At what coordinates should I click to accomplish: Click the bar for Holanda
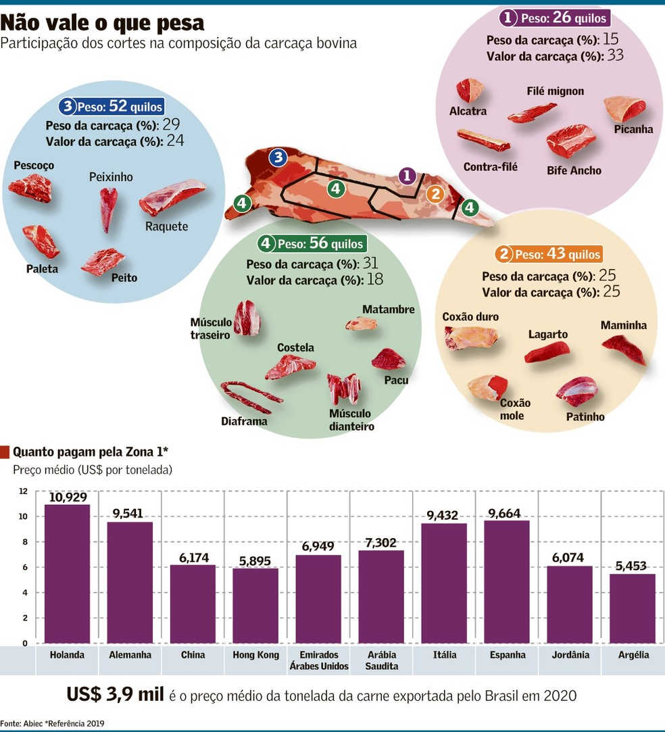(x=67, y=574)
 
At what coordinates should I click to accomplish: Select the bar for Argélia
(x=632, y=608)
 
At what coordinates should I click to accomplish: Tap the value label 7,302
(x=380, y=543)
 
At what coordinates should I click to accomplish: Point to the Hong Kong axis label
(x=255, y=654)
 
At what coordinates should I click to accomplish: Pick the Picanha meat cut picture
(x=624, y=109)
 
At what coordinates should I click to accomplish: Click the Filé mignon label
(x=556, y=91)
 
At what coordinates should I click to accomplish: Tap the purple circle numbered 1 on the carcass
(x=407, y=176)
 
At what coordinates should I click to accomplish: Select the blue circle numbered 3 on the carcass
(x=278, y=157)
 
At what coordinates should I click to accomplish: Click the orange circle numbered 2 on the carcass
(x=435, y=193)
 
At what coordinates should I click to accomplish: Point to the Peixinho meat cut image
(x=108, y=209)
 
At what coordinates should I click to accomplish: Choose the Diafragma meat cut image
(x=251, y=397)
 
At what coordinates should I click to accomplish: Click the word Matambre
(x=389, y=309)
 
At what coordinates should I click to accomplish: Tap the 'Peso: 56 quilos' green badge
(x=312, y=243)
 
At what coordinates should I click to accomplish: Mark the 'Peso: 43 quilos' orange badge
(x=549, y=254)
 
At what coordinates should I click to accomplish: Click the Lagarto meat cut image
(x=547, y=352)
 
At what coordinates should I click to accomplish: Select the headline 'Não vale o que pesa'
(x=102, y=22)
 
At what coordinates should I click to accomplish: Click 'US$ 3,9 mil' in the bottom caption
(x=116, y=694)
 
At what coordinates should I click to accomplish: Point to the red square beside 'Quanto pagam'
(x=5, y=452)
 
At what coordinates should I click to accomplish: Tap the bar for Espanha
(x=507, y=582)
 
